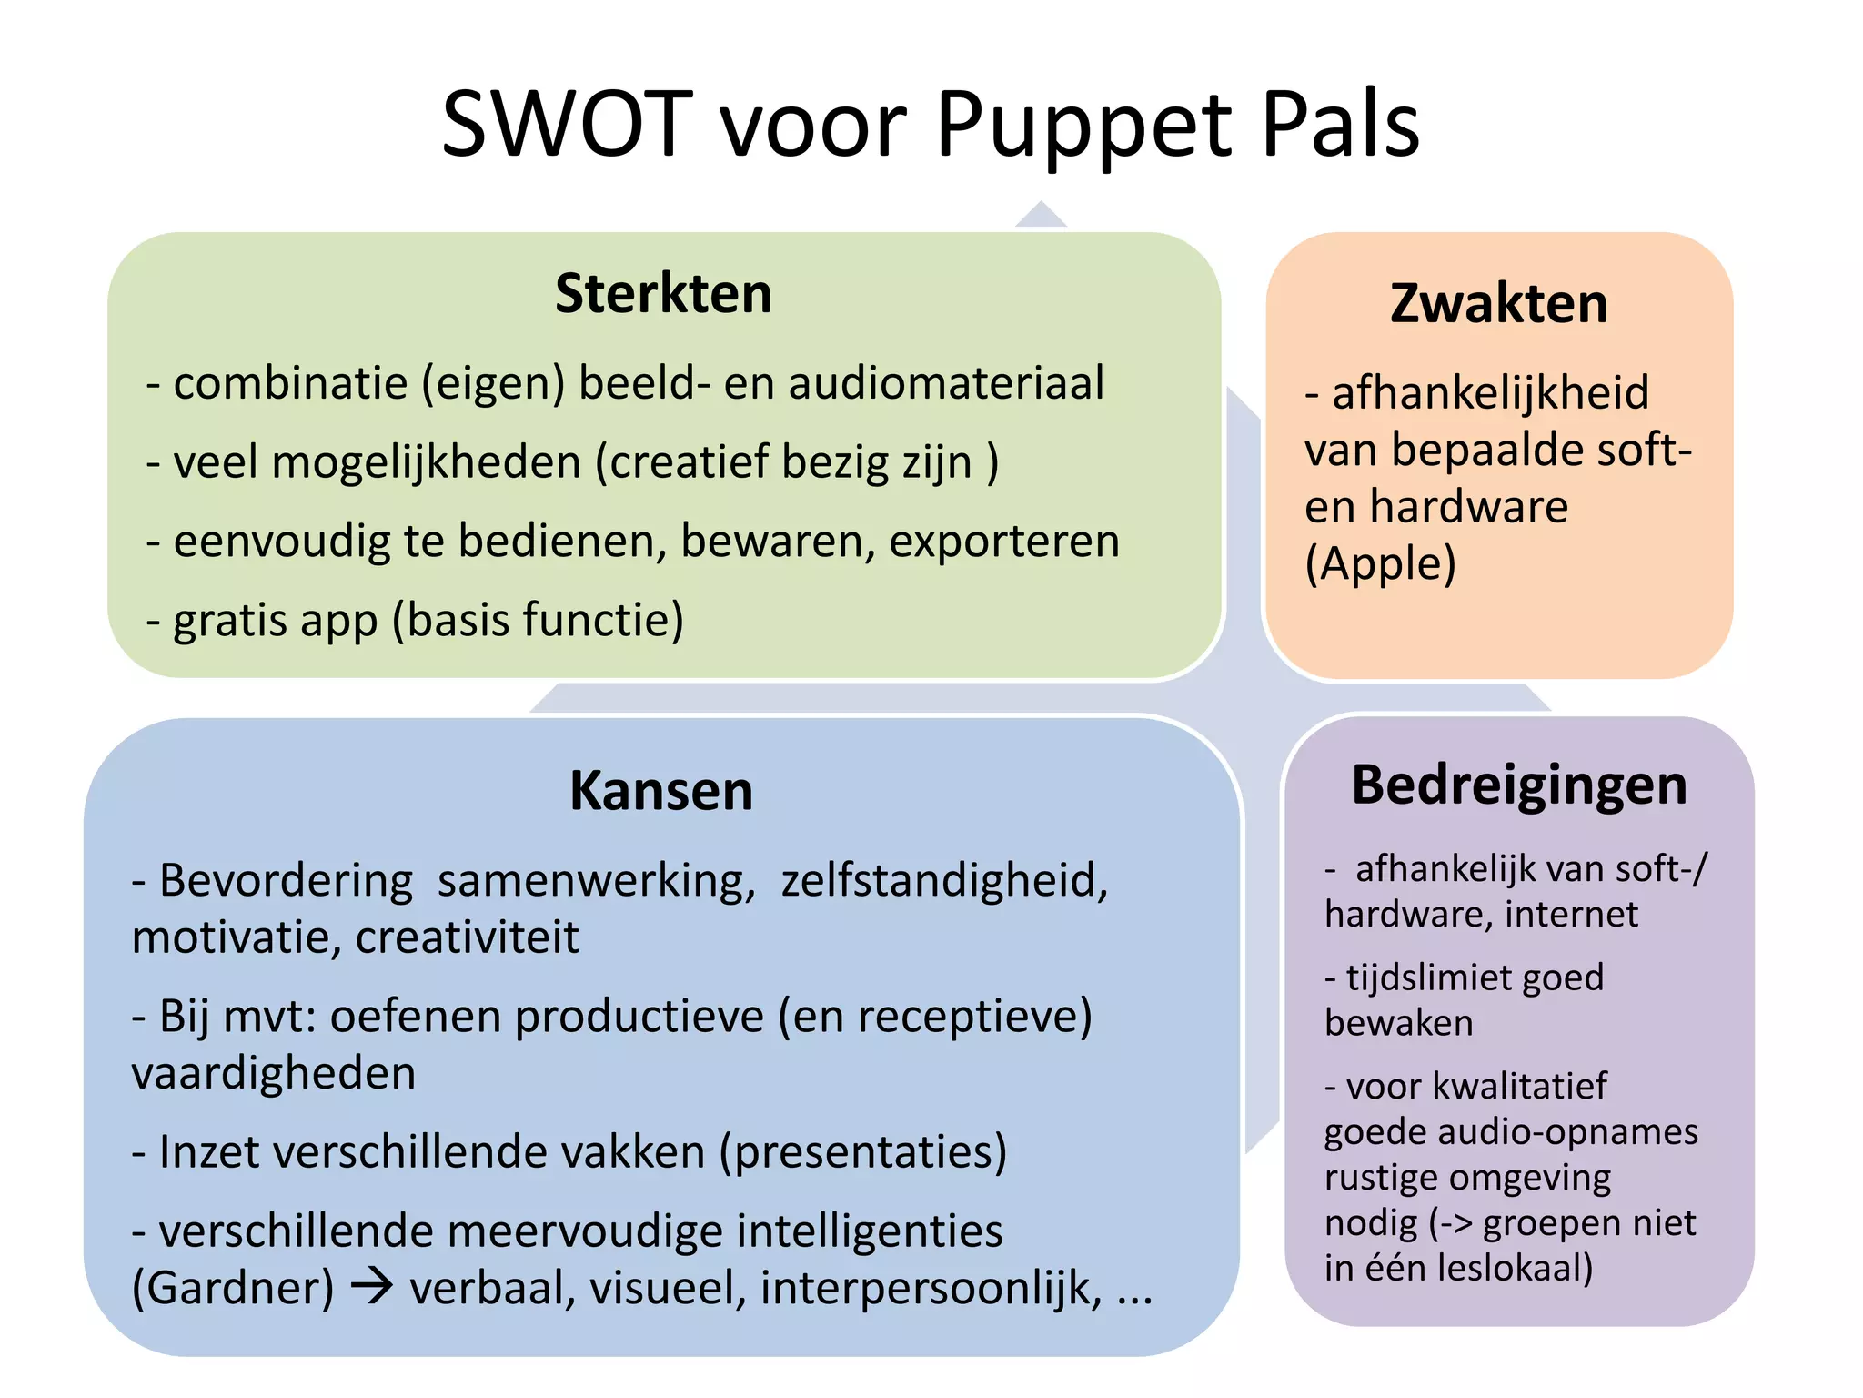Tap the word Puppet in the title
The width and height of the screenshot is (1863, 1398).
pyautogui.click(x=1083, y=126)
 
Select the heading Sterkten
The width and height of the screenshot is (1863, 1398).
pyautogui.click(x=663, y=294)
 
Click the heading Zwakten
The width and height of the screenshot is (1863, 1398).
pyautogui.click(x=1498, y=303)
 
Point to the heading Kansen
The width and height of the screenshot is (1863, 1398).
pyautogui.click(x=661, y=790)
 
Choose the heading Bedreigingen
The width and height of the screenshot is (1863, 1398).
pyautogui.click(x=1519, y=785)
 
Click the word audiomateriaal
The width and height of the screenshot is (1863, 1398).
pyautogui.click(x=946, y=383)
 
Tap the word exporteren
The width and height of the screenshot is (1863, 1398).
pyautogui.click(x=1004, y=542)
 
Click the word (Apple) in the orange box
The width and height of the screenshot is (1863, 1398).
pyautogui.click(x=1380, y=564)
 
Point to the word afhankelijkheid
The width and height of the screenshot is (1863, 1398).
pyautogui.click(x=1490, y=393)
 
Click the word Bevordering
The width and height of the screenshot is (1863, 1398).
pyautogui.click(x=286, y=881)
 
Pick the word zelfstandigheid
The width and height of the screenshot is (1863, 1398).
pyautogui.click(x=944, y=881)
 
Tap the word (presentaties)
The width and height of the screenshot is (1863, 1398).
pyautogui.click(x=863, y=1152)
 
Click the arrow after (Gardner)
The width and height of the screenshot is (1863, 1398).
pyautogui.click(x=372, y=1286)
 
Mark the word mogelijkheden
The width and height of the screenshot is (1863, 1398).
pyautogui.click(x=426, y=462)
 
